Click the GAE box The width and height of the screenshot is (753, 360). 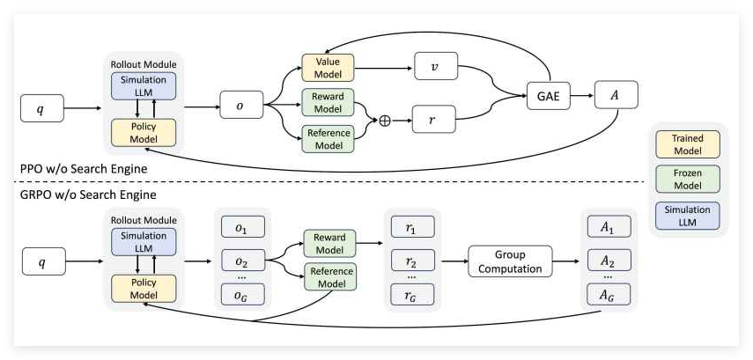tap(547, 94)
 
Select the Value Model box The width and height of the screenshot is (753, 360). tap(327, 66)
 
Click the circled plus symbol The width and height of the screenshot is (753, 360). tap(384, 121)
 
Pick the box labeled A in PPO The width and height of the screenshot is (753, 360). tap(616, 94)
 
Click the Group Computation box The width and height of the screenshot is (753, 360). tap(510, 261)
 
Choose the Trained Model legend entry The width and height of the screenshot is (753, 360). tap(688, 144)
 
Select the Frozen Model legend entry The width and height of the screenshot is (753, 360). tap(688, 180)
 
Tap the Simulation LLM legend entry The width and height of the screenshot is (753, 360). tap(688, 216)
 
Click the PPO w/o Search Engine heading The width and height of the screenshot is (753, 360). tap(82, 167)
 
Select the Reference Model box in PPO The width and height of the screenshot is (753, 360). tap(327, 139)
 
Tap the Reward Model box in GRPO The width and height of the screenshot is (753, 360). tap(329, 244)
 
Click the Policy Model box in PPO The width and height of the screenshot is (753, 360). tap(144, 132)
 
